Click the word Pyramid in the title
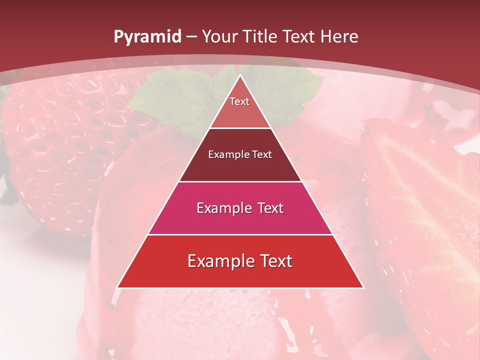click(147, 37)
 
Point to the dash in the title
click(191, 37)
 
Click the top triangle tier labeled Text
click(240, 107)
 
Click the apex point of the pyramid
click(240, 76)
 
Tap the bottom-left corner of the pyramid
click(118, 287)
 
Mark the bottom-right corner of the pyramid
click(362, 287)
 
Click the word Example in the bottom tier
click(218, 261)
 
